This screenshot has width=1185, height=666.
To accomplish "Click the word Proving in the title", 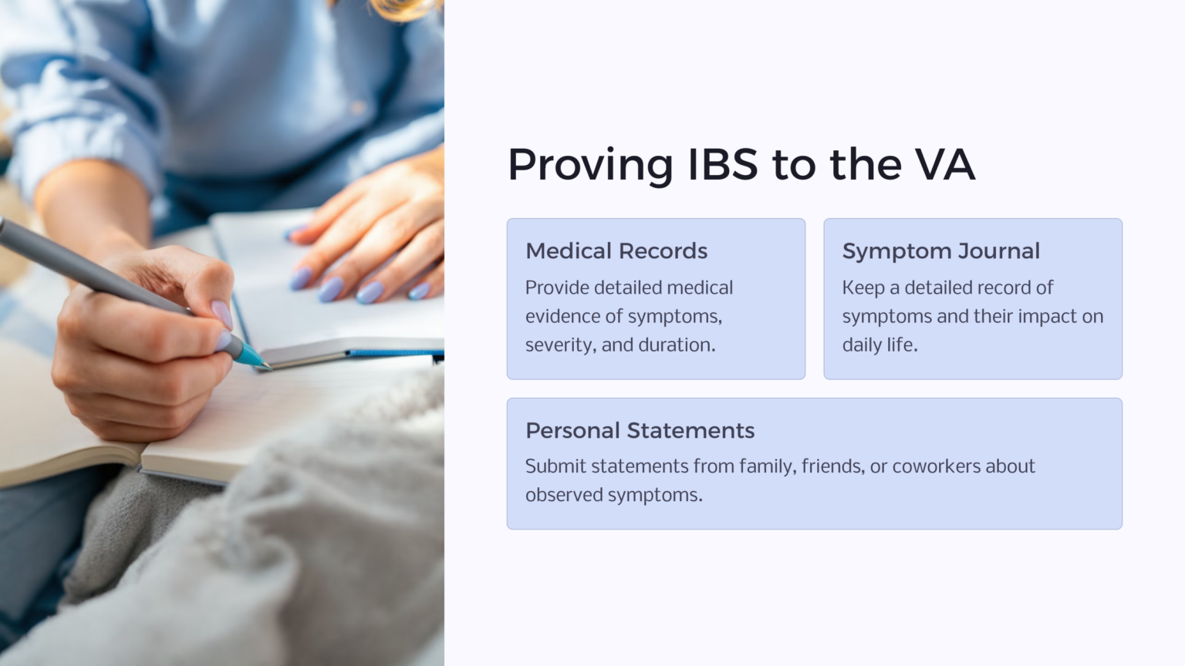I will pos(590,165).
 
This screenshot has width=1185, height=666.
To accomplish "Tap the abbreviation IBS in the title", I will pos(722,165).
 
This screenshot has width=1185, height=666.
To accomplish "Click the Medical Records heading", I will pos(616,251).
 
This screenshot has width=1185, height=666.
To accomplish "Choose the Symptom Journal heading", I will pos(940,251).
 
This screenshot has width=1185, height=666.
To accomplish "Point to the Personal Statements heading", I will pos(640,431).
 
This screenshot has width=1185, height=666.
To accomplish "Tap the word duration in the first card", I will pos(677,345).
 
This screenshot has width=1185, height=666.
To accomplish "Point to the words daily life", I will pos(879,345).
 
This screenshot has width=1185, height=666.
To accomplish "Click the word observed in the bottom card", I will pos(564,495).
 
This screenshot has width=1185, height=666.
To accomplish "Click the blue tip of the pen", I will pos(252,356).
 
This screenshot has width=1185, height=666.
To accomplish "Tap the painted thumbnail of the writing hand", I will pos(221,314).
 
